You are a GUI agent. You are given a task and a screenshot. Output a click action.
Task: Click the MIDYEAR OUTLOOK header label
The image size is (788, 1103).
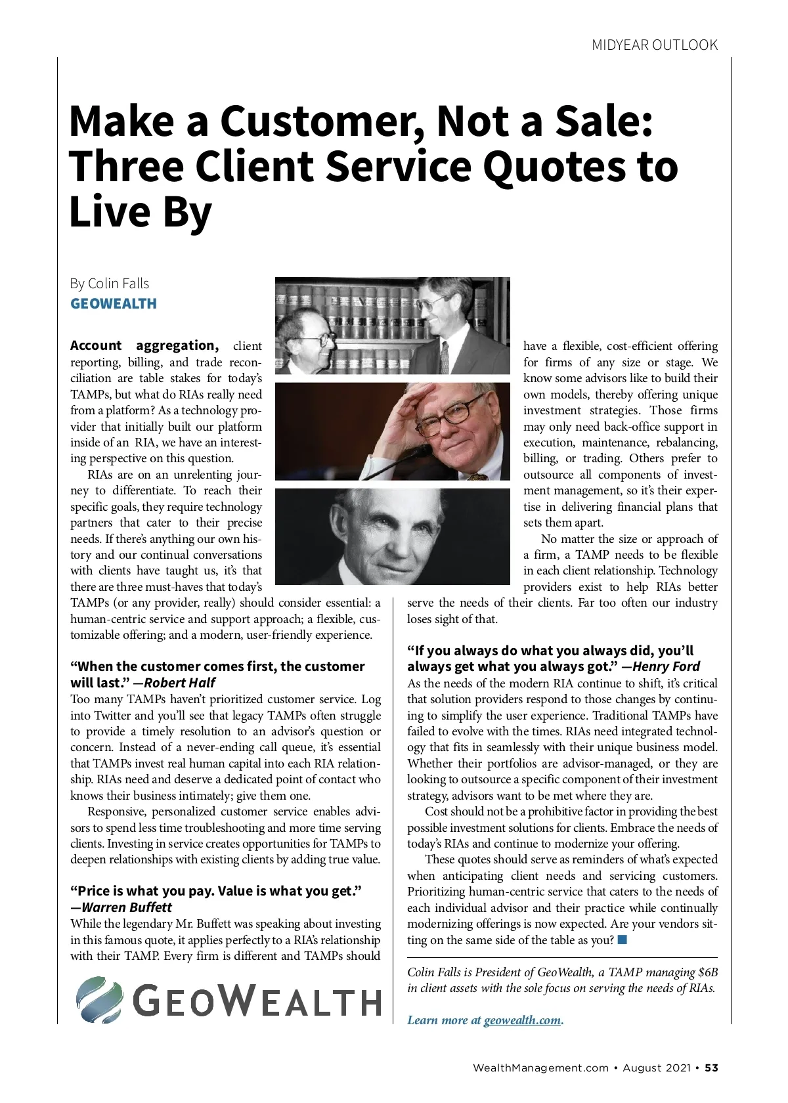pyautogui.click(x=655, y=45)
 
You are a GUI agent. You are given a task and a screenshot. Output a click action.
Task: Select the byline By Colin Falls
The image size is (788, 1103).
pyautogui.click(x=110, y=284)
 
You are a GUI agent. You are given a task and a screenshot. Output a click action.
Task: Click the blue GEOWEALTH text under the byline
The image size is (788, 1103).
pyautogui.click(x=114, y=304)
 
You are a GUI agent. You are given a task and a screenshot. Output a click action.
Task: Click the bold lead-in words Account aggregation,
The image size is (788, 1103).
pyautogui.click(x=144, y=346)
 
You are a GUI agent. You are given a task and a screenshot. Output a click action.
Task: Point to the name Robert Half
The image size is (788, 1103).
pyautogui.click(x=179, y=683)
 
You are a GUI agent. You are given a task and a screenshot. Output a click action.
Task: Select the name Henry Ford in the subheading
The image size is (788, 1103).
pyautogui.click(x=667, y=667)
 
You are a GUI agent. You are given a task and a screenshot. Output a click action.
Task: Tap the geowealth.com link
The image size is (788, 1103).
pyautogui.click(x=523, y=1020)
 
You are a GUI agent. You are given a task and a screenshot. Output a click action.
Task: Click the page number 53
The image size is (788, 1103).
pyautogui.click(x=712, y=1068)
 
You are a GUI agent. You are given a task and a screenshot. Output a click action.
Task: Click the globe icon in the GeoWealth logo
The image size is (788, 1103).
pyautogui.click(x=99, y=1000)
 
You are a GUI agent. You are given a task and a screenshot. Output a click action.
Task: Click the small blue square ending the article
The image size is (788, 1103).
pyautogui.click(x=623, y=940)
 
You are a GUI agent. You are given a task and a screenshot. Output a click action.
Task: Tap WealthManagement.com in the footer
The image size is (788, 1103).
pyautogui.click(x=540, y=1068)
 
